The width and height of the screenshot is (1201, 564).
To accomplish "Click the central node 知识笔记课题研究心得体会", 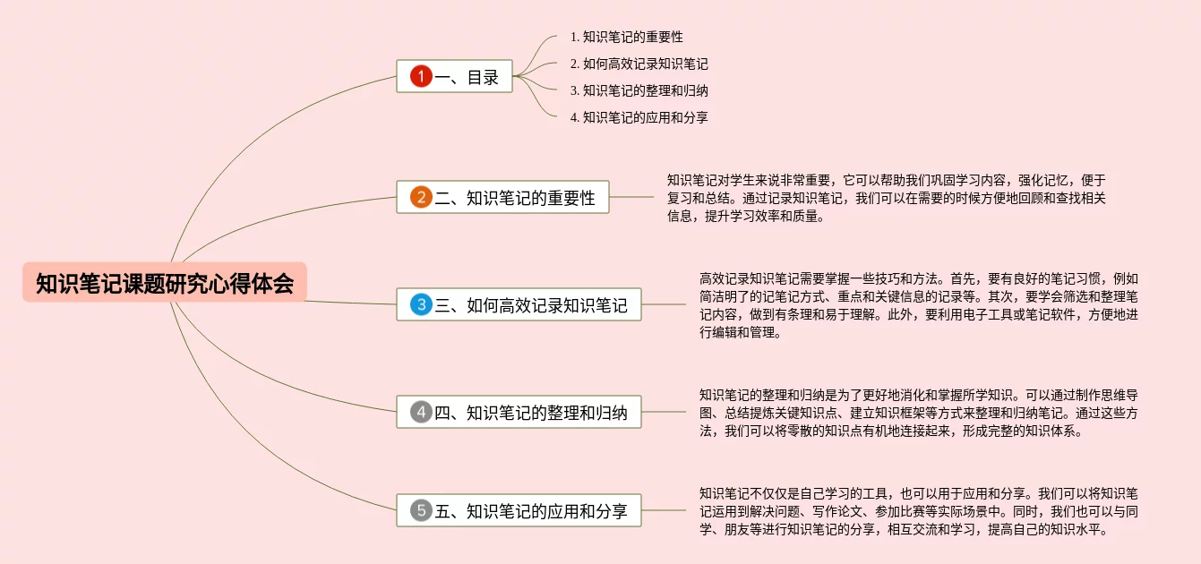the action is (x=165, y=283).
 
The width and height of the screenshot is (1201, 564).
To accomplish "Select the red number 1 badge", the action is (x=421, y=76).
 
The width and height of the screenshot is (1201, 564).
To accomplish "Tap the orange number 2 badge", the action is (x=421, y=197).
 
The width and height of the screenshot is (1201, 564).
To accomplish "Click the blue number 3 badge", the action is (x=421, y=304).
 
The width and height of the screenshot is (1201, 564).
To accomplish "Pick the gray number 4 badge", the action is (x=421, y=413).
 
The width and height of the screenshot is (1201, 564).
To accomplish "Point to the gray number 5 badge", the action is (x=421, y=511).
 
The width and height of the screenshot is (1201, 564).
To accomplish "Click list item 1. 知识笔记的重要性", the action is (x=627, y=37).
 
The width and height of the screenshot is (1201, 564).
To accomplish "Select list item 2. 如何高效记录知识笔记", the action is (x=639, y=64).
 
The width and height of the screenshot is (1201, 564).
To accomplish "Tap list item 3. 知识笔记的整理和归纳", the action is (x=639, y=90).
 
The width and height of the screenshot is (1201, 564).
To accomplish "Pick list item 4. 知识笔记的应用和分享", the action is (x=639, y=117).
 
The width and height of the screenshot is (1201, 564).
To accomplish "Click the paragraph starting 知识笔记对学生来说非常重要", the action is (x=887, y=198).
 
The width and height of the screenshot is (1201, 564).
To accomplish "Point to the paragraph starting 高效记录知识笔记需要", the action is (x=919, y=305).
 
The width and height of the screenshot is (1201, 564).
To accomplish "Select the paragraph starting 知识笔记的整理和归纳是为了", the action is (x=919, y=413).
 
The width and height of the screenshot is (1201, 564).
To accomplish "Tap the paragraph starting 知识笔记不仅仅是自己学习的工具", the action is (x=919, y=511).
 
